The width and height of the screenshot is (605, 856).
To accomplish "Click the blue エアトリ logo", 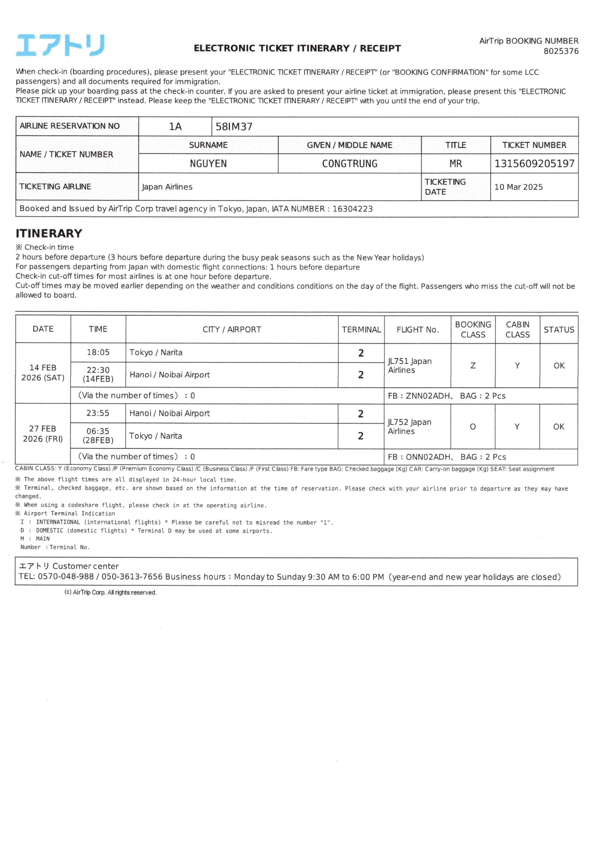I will pyautogui.click(x=60, y=45).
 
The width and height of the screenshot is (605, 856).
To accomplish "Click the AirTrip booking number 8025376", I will pyautogui.click(x=561, y=51).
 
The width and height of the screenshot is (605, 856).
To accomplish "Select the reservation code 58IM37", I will pyautogui.click(x=234, y=127).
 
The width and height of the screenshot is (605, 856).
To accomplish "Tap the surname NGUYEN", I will pyautogui.click(x=208, y=164).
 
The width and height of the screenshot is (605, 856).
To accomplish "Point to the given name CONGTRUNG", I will pyautogui.click(x=349, y=164).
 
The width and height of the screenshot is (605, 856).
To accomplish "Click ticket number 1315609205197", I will pyautogui.click(x=534, y=164).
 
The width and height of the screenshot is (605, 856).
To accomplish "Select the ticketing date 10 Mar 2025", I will pyautogui.click(x=518, y=187).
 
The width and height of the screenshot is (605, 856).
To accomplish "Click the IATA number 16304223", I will pyautogui.click(x=352, y=209).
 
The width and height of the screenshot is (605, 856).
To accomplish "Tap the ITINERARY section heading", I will pyautogui.click(x=49, y=233).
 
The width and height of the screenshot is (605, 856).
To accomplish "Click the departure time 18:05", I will pyautogui.click(x=98, y=352).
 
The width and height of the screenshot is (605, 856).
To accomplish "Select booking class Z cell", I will pyautogui.click(x=473, y=365).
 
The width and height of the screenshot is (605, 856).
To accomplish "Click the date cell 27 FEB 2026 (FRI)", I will pyautogui.click(x=43, y=433).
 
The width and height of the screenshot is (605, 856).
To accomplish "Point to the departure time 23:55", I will pyautogui.click(x=98, y=413).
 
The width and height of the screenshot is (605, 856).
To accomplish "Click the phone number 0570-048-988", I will pyautogui.click(x=66, y=577).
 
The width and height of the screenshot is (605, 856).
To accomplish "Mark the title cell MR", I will pyautogui.click(x=456, y=164).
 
